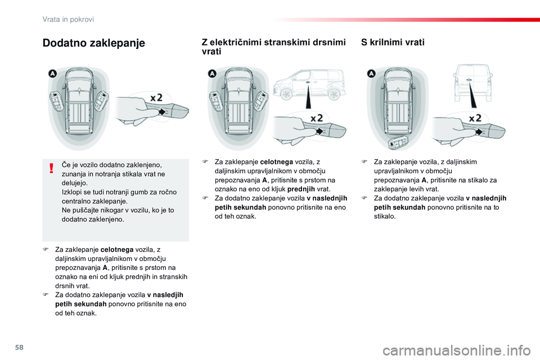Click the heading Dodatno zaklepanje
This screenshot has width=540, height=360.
93,43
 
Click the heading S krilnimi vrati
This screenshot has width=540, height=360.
393,42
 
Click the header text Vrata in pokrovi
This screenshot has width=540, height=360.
68,19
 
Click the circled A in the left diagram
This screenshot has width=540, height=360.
52,73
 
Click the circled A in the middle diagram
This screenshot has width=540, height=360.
212,73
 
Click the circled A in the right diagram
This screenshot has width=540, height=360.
371,73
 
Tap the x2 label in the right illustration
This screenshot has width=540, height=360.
475,118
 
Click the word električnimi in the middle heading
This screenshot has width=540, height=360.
251,42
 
